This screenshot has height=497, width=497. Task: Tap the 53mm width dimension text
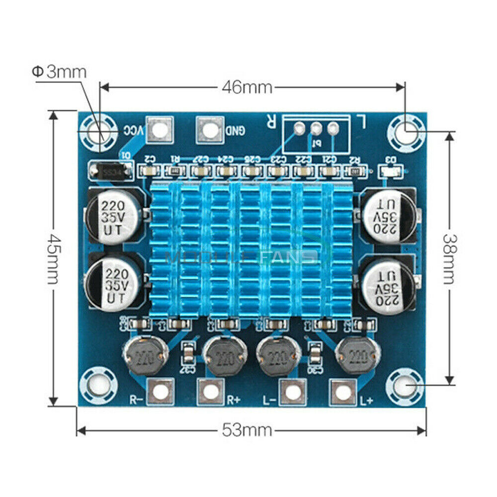[247, 429]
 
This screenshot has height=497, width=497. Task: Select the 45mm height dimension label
[53, 258]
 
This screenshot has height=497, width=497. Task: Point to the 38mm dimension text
[449, 258]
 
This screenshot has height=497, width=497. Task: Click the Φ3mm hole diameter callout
[60, 72]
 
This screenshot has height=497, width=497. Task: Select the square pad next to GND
[210, 130]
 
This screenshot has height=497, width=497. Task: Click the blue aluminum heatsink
[251, 248]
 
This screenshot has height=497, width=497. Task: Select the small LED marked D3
[392, 171]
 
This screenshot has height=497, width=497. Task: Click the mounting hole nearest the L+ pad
[406, 386]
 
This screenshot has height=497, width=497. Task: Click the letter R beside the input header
[271, 120]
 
